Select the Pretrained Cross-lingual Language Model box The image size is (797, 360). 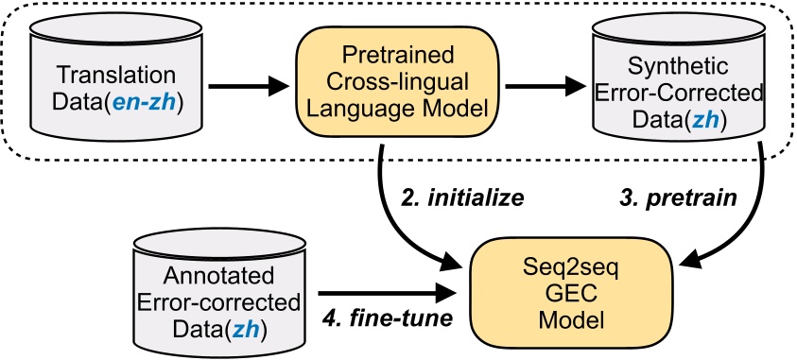(x=403, y=79)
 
